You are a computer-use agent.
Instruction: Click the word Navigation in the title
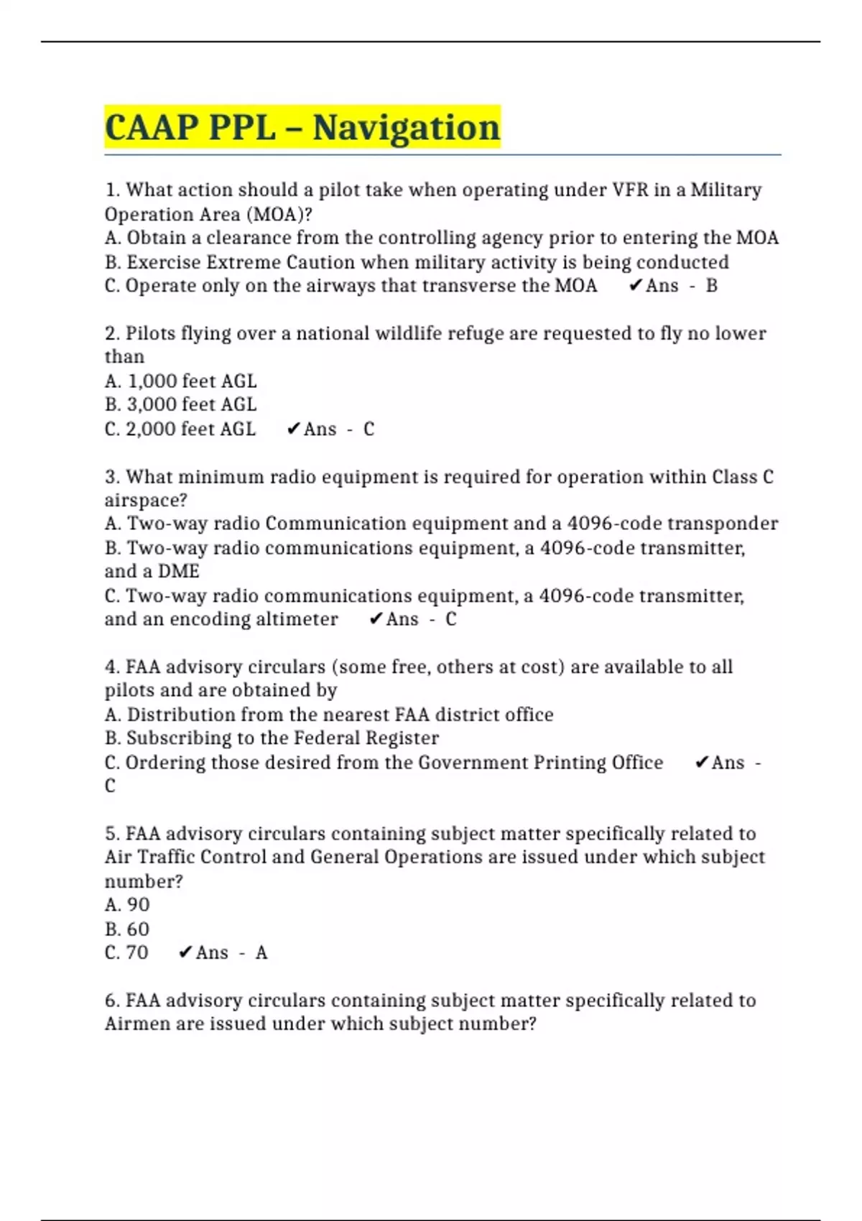click(406, 128)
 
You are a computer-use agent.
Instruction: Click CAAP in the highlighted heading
click(152, 128)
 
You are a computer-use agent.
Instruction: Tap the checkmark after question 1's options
click(635, 286)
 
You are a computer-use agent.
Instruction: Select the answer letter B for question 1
click(711, 286)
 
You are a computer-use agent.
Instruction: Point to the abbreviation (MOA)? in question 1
click(279, 214)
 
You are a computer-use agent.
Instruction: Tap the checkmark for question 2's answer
click(293, 429)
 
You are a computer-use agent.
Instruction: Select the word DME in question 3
click(178, 571)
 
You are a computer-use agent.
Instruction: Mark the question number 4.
click(111, 667)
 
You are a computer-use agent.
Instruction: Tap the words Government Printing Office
click(540, 762)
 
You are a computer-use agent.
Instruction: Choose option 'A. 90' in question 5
click(127, 904)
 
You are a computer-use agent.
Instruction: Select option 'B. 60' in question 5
click(127, 929)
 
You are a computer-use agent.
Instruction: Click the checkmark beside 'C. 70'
click(185, 952)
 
